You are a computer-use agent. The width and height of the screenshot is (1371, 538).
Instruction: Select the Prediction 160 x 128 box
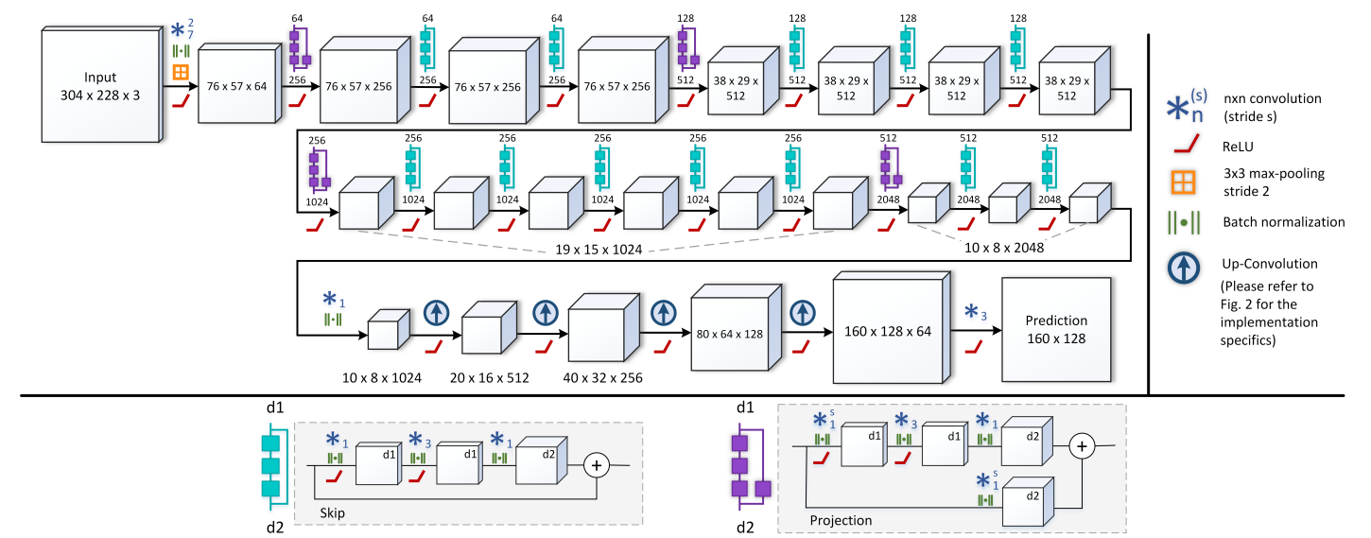click(x=1056, y=329)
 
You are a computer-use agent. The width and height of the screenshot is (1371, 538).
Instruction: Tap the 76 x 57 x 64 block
click(x=239, y=83)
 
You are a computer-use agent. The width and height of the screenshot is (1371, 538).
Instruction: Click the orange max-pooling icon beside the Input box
click(x=181, y=72)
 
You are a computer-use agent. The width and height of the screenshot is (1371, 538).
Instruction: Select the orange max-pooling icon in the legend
click(x=1183, y=182)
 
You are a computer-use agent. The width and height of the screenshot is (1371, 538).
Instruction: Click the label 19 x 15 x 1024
click(x=599, y=250)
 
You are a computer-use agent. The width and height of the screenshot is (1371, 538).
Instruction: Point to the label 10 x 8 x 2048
click(x=1004, y=248)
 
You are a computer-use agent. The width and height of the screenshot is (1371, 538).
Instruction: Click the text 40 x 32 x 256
click(x=603, y=377)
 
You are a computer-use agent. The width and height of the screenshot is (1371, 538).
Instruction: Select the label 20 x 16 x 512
click(x=490, y=377)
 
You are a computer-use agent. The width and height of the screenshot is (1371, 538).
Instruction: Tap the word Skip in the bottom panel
click(x=332, y=512)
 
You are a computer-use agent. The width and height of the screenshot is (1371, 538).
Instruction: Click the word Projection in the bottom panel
click(x=841, y=520)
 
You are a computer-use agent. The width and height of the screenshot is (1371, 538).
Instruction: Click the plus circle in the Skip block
click(x=597, y=466)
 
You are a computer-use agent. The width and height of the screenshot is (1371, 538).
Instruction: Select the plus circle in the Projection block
click(x=1082, y=446)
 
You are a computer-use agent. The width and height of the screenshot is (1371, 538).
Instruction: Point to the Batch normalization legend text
click(x=1283, y=222)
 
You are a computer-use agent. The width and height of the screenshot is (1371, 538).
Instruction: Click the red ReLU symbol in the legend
click(x=1187, y=145)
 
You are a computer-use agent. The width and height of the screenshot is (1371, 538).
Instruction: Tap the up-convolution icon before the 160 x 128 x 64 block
click(x=803, y=313)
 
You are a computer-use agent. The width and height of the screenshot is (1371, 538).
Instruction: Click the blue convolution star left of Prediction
click(x=971, y=311)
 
